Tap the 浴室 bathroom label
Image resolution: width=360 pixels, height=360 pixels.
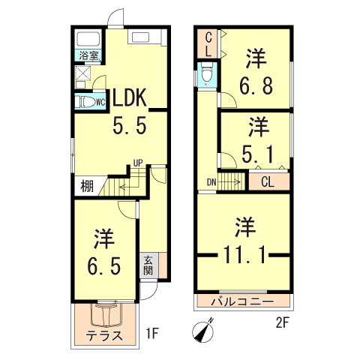pyautogui.click(x=87, y=55)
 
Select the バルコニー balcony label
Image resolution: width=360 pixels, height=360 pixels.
pyautogui.click(x=240, y=303)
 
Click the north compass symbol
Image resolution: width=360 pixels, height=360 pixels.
pyautogui.click(x=204, y=331)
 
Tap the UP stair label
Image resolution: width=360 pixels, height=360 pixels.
pyautogui.click(x=137, y=162)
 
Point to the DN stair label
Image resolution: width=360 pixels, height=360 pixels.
pyautogui.click(x=211, y=181)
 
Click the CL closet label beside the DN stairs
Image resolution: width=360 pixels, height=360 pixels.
pyautogui.click(x=267, y=181)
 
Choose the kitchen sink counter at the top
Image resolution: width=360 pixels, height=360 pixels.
pyautogui.click(x=141, y=38)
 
